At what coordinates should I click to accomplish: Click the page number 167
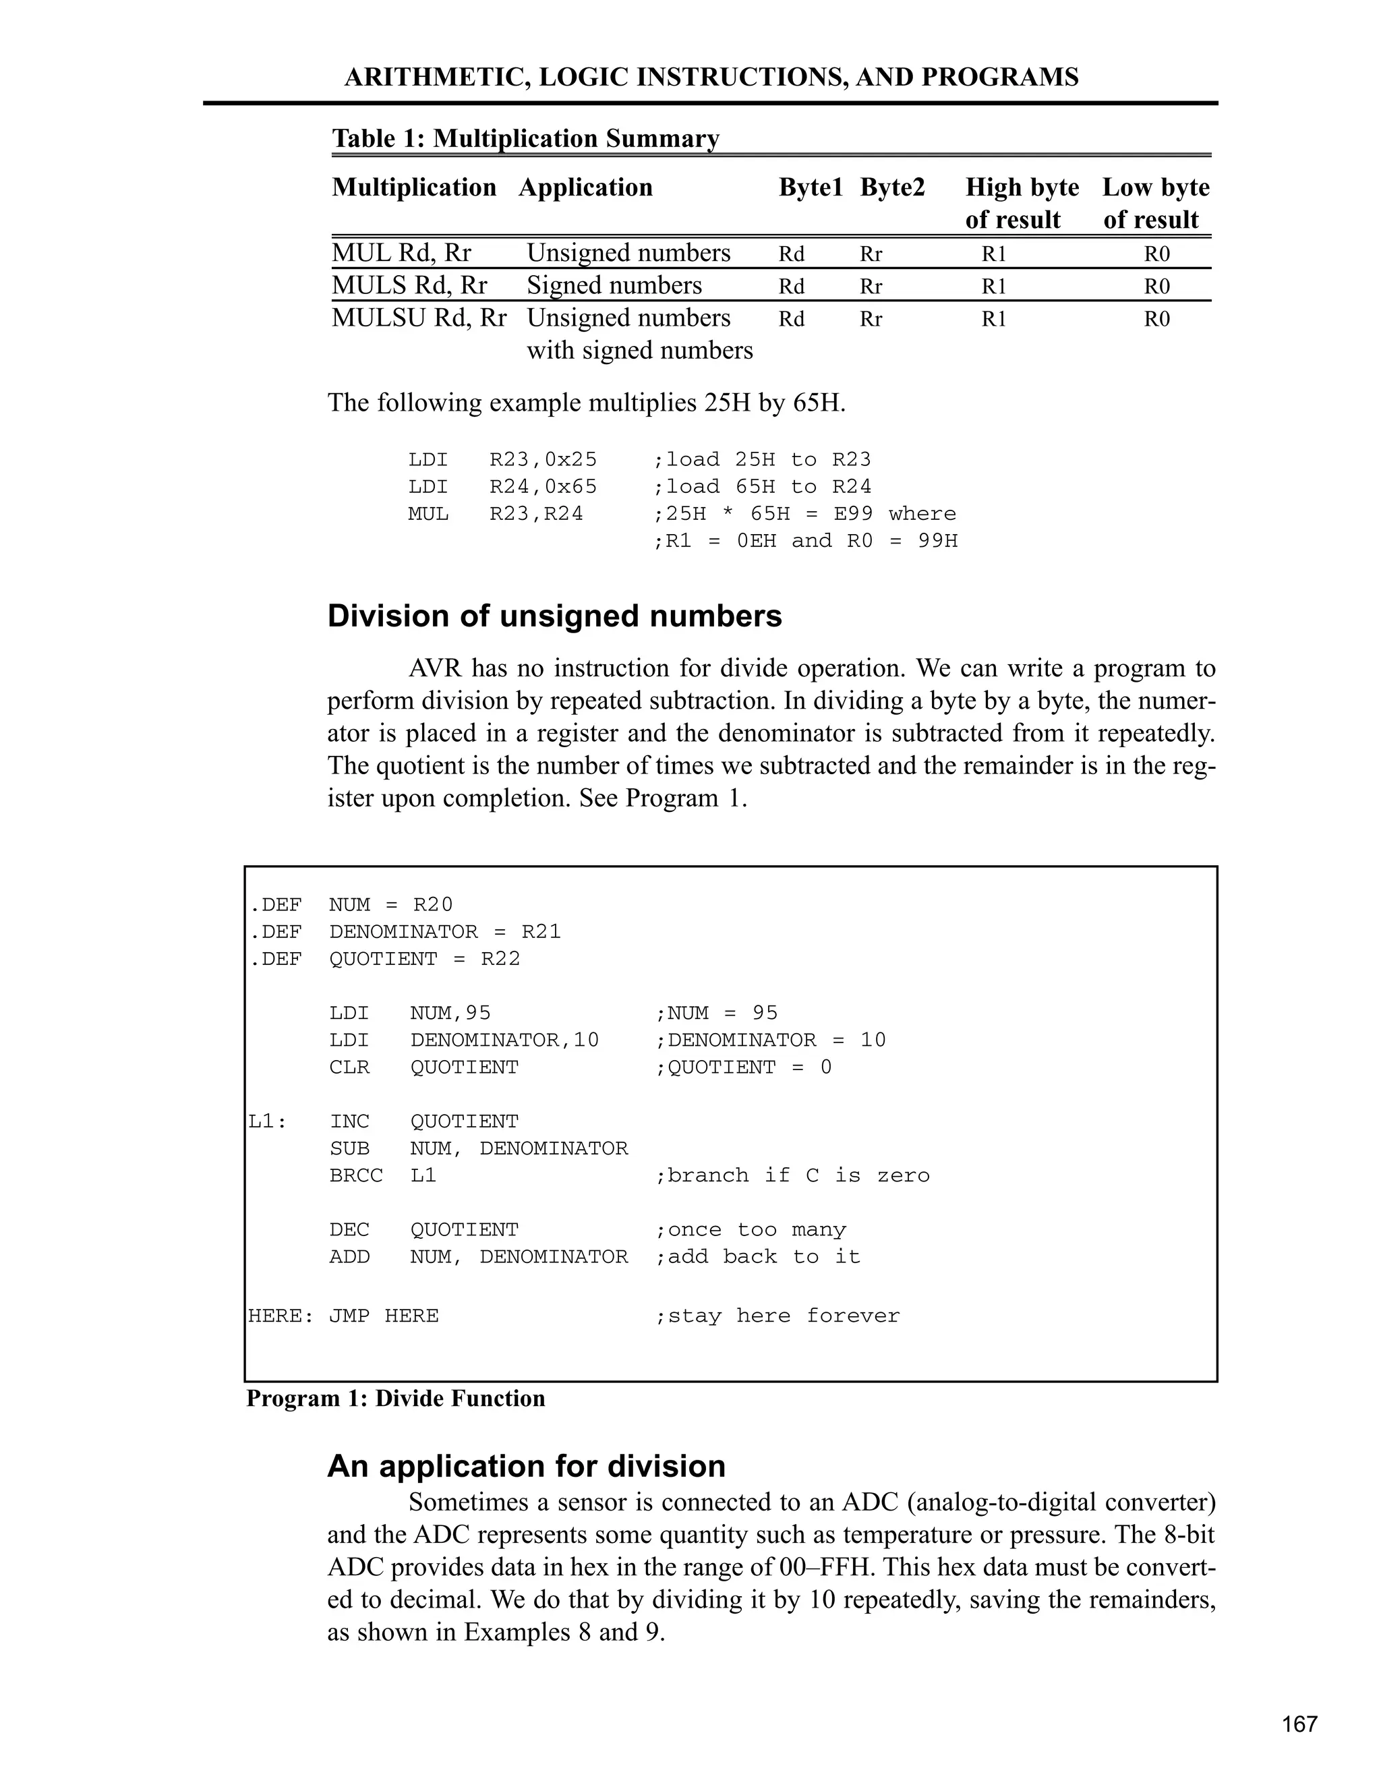tap(1299, 1724)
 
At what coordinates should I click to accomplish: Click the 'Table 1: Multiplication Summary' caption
tap(525, 138)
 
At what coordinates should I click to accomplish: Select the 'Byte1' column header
tap(810, 187)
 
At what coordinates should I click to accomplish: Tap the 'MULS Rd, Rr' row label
tap(409, 285)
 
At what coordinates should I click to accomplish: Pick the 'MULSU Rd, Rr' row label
tap(419, 318)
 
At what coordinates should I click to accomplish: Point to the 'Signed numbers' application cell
tap(614, 285)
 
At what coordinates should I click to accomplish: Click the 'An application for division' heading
tap(526, 1465)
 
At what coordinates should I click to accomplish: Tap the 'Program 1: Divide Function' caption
tap(395, 1399)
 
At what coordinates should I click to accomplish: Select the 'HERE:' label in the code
tap(281, 1316)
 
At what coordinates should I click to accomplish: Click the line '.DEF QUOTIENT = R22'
tap(384, 959)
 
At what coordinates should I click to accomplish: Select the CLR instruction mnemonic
tap(349, 1067)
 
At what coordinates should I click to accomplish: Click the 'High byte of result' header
tap(1021, 203)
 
